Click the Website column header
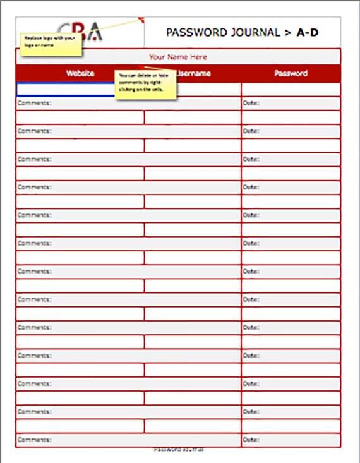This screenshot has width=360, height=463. pyautogui.click(x=80, y=73)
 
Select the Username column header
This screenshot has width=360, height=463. pyautogui.click(x=193, y=73)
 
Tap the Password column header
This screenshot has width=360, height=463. pyautogui.click(x=291, y=73)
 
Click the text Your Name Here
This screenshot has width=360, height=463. pyautogui.click(x=178, y=57)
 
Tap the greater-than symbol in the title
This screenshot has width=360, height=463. pyautogui.click(x=289, y=33)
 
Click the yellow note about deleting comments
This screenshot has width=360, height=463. pyautogui.click(x=145, y=85)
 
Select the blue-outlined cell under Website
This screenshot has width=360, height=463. pyautogui.click(x=65, y=89)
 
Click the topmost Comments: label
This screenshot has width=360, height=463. pyautogui.click(x=35, y=103)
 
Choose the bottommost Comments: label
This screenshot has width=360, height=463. pyautogui.click(x=35, y=440)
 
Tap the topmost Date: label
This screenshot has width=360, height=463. pyautogui.click(x=251, y=103)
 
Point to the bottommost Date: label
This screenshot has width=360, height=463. pyautogui.click(x=251, y=440)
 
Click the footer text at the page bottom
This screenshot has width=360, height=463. pyautogui.click(x=179, y=450)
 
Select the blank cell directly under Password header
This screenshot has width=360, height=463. pyautogui.click(x=291, y=89)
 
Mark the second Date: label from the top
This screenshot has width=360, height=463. pyautogui.click(x=251, y=131)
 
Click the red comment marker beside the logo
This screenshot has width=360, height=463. pyautogui.click(x=141, y=19)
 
